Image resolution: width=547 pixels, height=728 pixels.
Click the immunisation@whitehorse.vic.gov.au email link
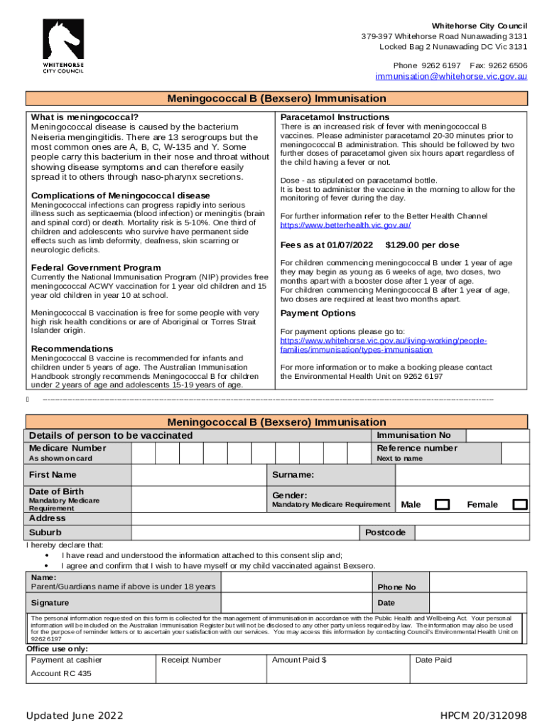point(451,76)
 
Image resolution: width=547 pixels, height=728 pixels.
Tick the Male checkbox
point(443,505)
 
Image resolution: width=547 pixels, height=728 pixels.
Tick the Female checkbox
point(520,505)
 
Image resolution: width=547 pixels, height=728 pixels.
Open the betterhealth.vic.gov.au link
point(345,225)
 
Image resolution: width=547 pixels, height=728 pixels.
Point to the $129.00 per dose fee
point(422,245)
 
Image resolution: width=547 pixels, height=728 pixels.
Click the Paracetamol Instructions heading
point(335,117)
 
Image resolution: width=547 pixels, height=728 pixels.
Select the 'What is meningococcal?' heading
point(85,117)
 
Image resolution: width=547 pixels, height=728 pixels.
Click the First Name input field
point(199,474)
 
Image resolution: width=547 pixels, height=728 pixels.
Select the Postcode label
point(385,532)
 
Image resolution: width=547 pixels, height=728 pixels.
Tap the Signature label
point(49,603)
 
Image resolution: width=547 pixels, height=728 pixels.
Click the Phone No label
point(396,587)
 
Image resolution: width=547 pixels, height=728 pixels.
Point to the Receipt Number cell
point(191,660)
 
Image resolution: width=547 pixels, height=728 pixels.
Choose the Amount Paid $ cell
point(299,660)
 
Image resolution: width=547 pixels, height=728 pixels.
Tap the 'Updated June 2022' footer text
point(75,715)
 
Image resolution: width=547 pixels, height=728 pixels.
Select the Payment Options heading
point(318,313)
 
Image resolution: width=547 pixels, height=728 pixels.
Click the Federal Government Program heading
point(96,267)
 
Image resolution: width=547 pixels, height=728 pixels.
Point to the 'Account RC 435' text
point(61,673)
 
